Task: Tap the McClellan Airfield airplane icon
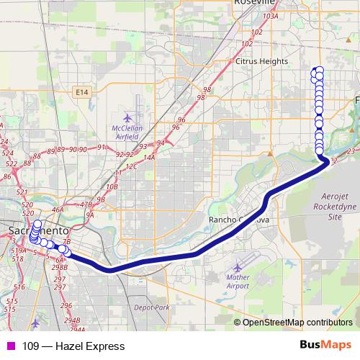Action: (128, 117)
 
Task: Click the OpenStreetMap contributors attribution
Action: (297, 322)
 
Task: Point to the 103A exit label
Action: (271, 15)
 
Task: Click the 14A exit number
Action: (149, 157)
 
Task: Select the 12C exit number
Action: (132, 166)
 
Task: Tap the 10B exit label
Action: (112, 186)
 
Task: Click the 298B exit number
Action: (60, 267)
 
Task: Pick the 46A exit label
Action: (58, 210)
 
